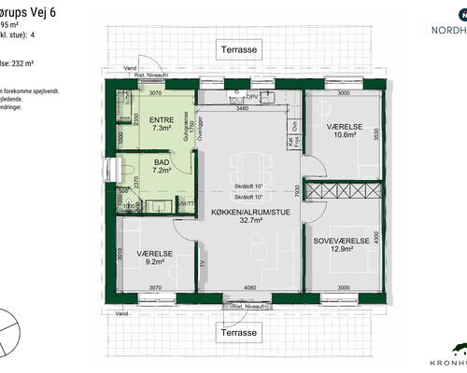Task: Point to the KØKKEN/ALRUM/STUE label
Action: [x=248, y=213]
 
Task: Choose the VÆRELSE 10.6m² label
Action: [x=346, y=127]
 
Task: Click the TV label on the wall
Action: [x=203, y=263]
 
